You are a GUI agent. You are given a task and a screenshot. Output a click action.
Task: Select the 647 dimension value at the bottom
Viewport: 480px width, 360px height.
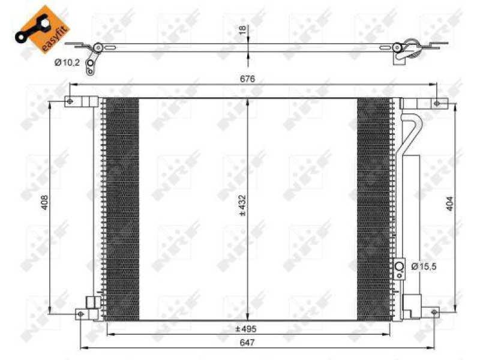tap(248, 343)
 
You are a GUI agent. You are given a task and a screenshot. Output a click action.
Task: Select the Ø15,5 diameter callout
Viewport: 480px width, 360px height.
tap(424, 266)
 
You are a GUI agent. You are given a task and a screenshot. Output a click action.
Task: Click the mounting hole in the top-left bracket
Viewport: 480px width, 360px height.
tap(70, 101)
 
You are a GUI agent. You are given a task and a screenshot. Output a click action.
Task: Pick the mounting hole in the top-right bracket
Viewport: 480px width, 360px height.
tap(439, 104)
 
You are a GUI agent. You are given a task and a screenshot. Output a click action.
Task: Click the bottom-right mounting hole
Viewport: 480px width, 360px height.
tap(435, 311)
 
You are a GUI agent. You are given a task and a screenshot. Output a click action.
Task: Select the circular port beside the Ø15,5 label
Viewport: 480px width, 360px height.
tap(400, 266)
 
